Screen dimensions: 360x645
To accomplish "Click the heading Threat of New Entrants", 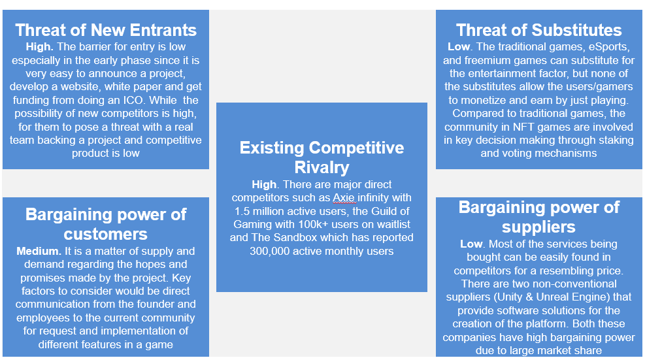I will pyautogui.click(x=106, y=30).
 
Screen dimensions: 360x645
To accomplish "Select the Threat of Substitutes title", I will pyautogui.click(x=538, y=30).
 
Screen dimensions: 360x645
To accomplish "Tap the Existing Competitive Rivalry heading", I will pyautogui.click(x=322, y=157).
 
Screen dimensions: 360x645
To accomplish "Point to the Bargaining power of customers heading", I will pyautogui.click(x=106, y=224).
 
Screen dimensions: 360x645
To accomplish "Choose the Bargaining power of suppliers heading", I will pyautogui.click(x=538, y=217).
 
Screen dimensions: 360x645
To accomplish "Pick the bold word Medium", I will pyautogui.click(x=37, y=251).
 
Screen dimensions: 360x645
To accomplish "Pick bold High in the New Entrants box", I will pyautogui.click(x=39, y=47).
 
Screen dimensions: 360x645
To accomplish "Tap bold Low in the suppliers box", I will pyautogui.click(x=471, y=244).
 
